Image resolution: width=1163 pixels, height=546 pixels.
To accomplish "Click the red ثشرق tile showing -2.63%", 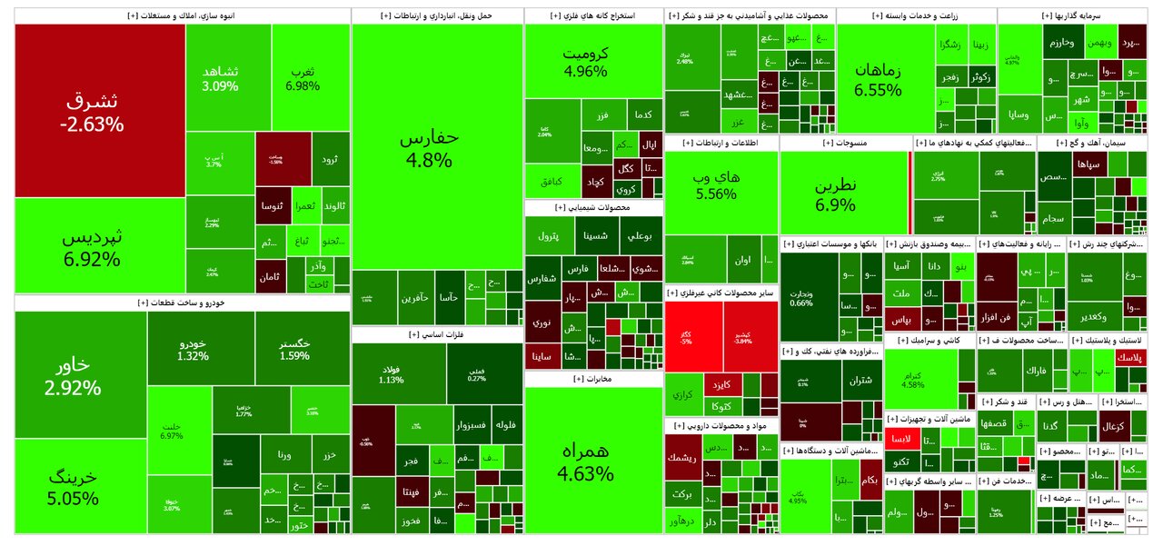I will coord(99,110).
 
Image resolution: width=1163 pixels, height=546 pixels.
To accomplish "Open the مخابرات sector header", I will coord(593,379).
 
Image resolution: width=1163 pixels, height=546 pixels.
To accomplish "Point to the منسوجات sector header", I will coord(845,143).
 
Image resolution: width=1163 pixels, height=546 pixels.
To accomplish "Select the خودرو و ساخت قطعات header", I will coord(182,303).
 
